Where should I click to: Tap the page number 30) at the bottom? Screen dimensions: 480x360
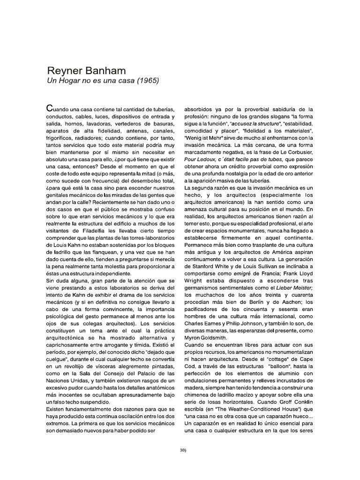click(183, 450)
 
